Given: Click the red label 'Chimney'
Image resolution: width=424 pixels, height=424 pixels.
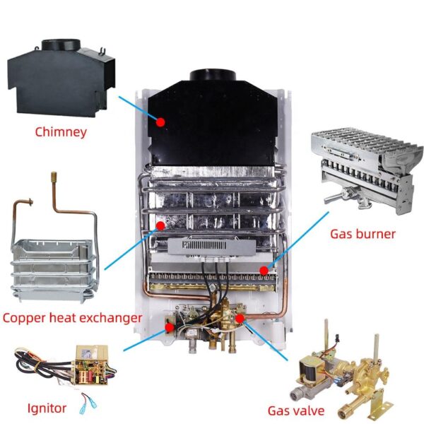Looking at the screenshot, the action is (61, 132).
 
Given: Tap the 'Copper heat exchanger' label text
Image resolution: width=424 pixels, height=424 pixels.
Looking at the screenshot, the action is (72, 318).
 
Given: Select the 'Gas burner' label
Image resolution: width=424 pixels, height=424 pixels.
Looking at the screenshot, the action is (363, 234).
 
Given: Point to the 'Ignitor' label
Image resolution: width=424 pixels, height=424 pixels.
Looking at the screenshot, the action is (47, 408).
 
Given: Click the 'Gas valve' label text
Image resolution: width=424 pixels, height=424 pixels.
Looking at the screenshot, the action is (296, 411).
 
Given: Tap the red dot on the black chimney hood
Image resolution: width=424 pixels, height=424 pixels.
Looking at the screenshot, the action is (160, 122).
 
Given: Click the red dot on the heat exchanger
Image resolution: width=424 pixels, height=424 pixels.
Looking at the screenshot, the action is (160, 225).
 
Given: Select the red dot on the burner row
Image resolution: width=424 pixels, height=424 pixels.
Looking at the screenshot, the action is (264, 271).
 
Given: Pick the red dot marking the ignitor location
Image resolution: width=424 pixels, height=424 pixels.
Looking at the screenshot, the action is (170, 327).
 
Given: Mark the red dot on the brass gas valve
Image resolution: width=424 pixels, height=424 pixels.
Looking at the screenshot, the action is (240, 318).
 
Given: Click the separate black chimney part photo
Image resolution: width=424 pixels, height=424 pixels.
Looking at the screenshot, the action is (61, 78).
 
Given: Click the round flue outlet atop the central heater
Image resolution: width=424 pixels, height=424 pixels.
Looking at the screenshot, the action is (213, 75).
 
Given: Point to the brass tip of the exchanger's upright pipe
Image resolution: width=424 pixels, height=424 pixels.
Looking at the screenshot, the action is (54, 175).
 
